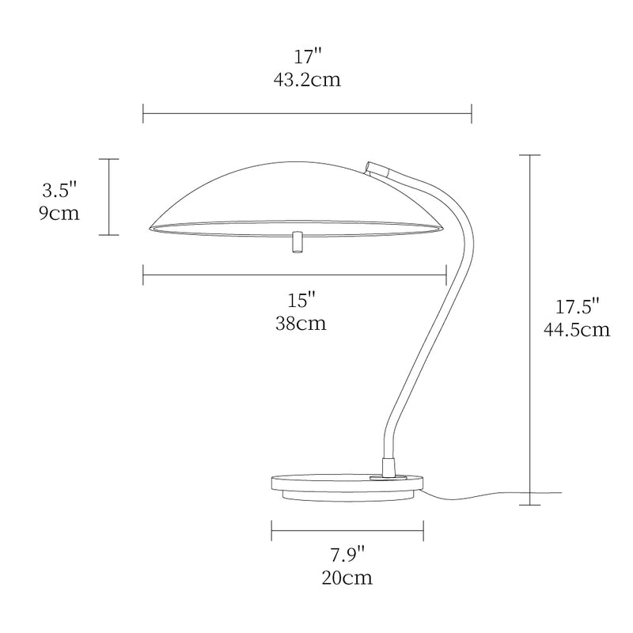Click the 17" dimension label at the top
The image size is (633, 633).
pyautogui.click(x=307, y=57)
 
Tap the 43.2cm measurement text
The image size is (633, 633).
pyautogui.click(x=307, y=80)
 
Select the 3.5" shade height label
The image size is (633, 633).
pyautogui.click(x=60, y=190)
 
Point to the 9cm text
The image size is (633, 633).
pyautogui.click(x=59, y=214)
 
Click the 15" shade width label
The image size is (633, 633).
pyautogui.click(x=301, y=300)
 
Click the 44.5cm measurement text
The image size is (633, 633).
pyautogui.click(x=577, y=329)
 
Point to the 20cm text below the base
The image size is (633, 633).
pyautogui.click(x=347, y=577)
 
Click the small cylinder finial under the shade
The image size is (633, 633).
pyautogui.click(x=297, y=243)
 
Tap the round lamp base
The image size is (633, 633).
pyautogui.click(x=347, y=485)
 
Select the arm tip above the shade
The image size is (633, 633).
pyautogui.click(x=378, y=168)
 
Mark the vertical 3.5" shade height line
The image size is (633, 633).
pyautogui.click(x=108, y=197)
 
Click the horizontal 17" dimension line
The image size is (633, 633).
pyautogui.click(x=307, y=113)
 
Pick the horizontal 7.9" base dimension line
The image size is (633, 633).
pyautogui.click(x=347, y=530)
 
